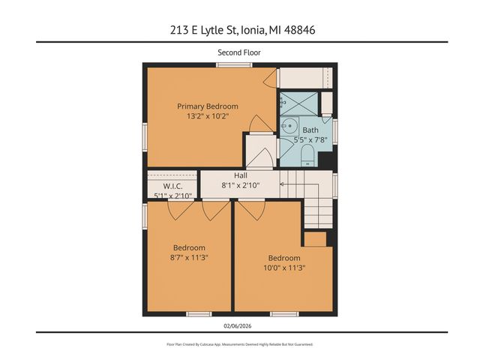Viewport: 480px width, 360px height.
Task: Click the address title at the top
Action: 240,30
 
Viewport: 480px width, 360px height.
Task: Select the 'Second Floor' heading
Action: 240,52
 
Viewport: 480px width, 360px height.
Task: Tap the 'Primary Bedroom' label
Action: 207,106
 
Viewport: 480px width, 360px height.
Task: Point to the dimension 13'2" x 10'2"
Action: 207,117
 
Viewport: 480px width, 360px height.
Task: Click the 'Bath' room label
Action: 310,130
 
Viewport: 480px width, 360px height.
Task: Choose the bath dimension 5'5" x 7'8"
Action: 310,139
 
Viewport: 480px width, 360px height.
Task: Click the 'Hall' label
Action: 240,175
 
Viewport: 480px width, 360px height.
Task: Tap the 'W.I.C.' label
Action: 172,186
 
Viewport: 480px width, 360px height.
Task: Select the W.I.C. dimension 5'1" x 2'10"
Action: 172,196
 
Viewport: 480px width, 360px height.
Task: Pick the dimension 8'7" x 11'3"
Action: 189,257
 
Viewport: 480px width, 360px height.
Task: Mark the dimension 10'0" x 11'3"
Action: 284,268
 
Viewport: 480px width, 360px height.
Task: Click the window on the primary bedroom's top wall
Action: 228,65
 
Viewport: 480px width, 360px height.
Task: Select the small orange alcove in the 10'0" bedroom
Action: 314,239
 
